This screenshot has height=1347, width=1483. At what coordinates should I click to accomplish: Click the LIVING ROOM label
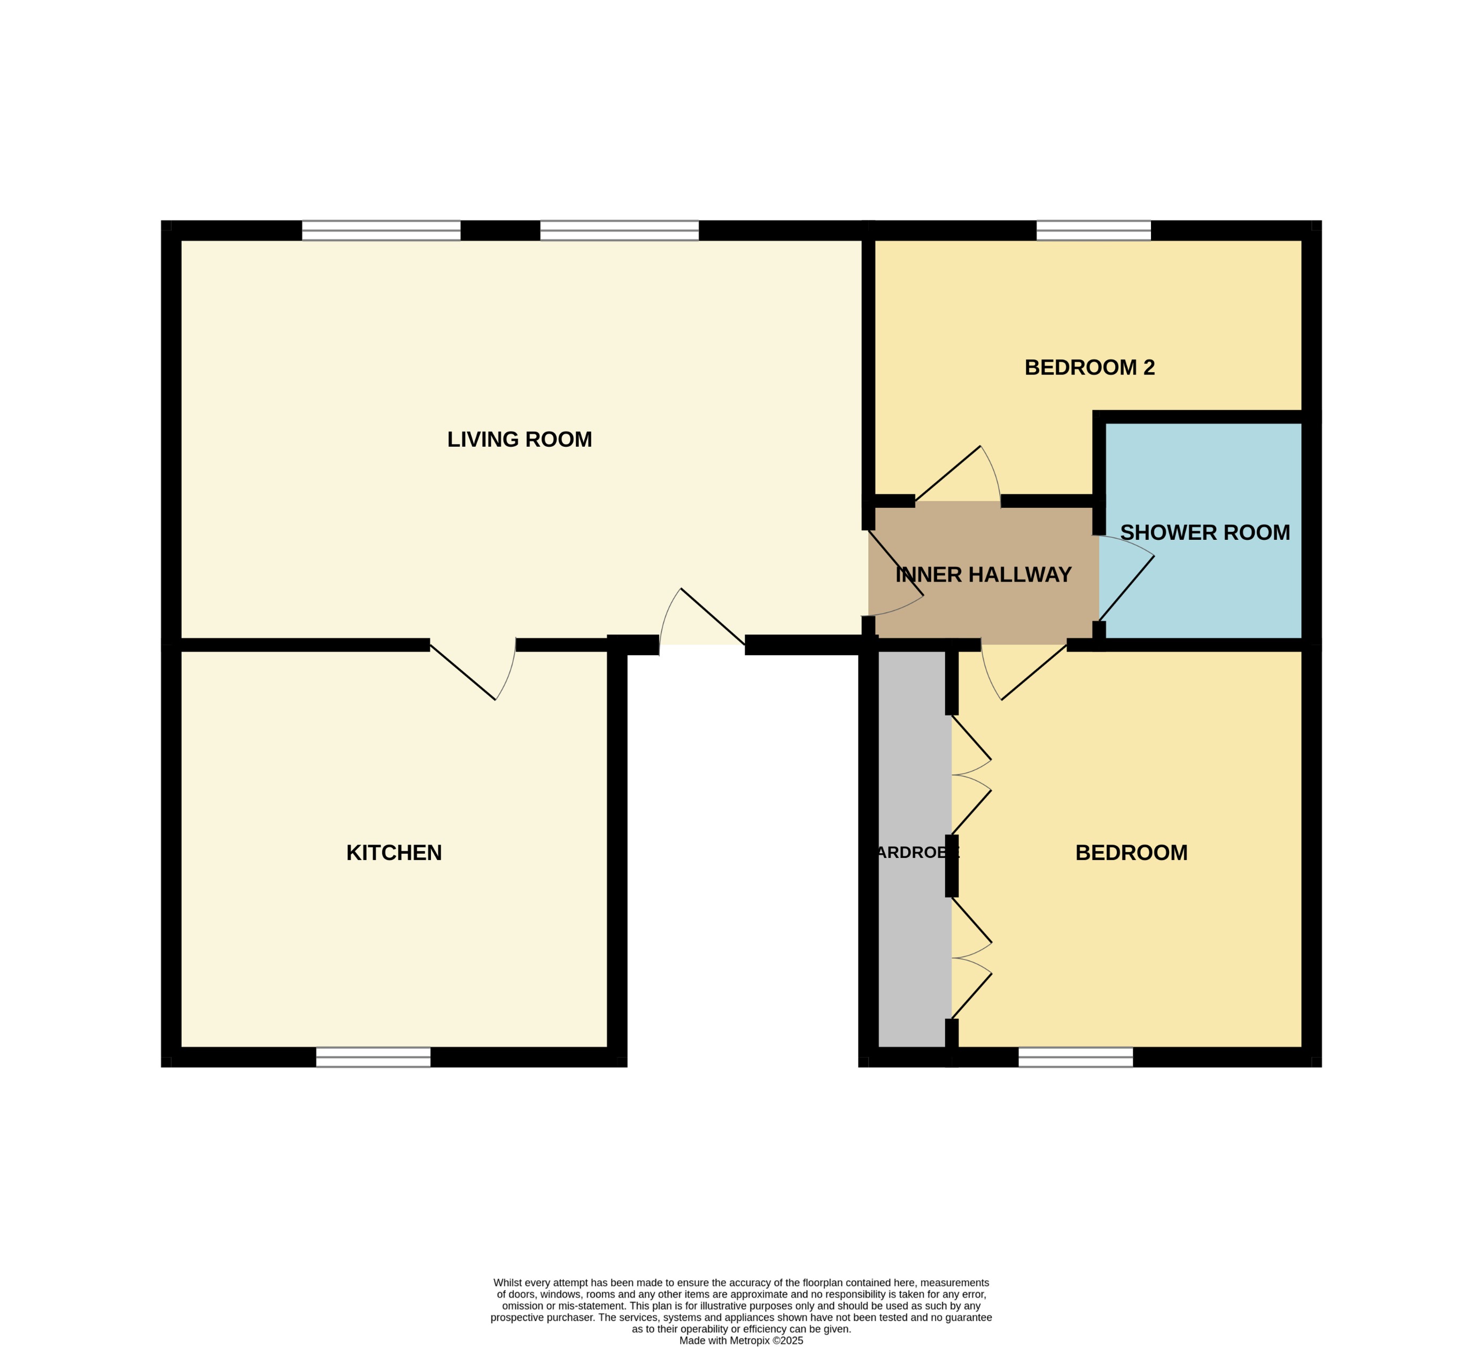(519, 439)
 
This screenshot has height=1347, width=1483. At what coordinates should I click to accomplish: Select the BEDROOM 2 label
(1090, 367)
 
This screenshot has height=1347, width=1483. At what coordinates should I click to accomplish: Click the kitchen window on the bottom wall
(373, 1057)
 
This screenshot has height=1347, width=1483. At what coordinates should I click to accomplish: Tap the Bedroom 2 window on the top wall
(1093, 230)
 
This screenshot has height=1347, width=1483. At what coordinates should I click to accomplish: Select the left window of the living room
(381, 230)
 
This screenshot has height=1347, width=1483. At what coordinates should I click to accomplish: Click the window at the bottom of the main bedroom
(1076, 1057)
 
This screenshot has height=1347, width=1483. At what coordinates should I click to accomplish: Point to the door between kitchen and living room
(471, 669)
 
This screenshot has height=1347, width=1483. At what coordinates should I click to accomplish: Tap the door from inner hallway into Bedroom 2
(956, 477)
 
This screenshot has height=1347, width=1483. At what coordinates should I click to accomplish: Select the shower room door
(1125, 581)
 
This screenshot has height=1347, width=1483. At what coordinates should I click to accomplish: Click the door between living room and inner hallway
(894, 574)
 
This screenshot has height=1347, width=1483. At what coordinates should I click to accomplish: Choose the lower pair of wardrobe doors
(970, 958)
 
